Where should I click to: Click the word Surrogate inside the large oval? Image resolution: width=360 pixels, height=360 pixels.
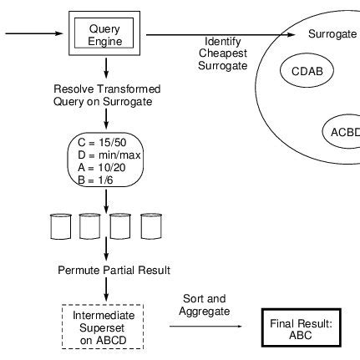pyautogui.click(x=332, y=34)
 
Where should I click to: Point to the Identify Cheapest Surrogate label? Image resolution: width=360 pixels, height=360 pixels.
pyautogui.click(x=223, y=53)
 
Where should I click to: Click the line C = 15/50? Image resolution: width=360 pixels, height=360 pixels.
pyautogui.click(x=102, y=143)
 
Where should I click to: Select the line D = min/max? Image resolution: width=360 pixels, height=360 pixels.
pyautogui.click(x=109, y=155)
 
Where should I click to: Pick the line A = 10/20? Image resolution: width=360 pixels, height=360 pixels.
pyautogui.click(x=102, y=168)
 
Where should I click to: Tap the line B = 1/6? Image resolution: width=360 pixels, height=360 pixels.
pyautogui.click(x=95, y=180)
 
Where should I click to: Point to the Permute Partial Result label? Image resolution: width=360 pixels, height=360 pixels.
pyautogui.click(x=114, y=270)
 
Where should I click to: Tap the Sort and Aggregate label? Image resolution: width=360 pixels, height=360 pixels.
pyautogui.click(x=205, y=305)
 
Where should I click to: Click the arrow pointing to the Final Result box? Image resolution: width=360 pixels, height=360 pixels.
pyautogui.click(x=205, y=326)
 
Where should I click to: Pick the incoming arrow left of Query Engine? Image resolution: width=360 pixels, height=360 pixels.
pyautogui.click(x=34, y=33)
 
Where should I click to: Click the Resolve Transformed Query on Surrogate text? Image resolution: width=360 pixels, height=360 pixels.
pyautogui.click(x=107, y=95)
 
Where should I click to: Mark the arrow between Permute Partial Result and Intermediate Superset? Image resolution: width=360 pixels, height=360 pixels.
pyautogui.click(x=106, y=289)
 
